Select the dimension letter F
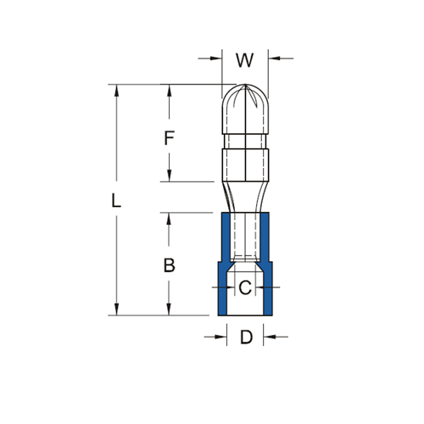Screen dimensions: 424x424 pyautogui.click(x=170, y=137)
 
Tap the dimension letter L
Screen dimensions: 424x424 pyautogui.click(x=117, y=201)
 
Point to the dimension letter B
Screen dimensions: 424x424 pyautogui.click(x=170, y=265)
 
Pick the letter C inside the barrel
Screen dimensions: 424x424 pyautogui.click(x=244, y=288)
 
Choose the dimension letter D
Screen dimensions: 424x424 pyautogui.click(x=246, y=338)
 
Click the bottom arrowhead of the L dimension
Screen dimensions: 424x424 pyautogui.click(x=117, y=310)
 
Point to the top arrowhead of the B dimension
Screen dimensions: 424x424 pyautogui.click(x=170, y=217)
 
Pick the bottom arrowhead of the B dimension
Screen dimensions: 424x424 pyautogui.click(x=170, y=310)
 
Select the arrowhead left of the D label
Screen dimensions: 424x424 pyautogui.click(x=220, y=338)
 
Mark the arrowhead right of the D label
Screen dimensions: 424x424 pyautogui.click(x=270, y=338)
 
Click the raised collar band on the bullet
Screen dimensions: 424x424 pyautogui.click(x=244, y=161)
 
